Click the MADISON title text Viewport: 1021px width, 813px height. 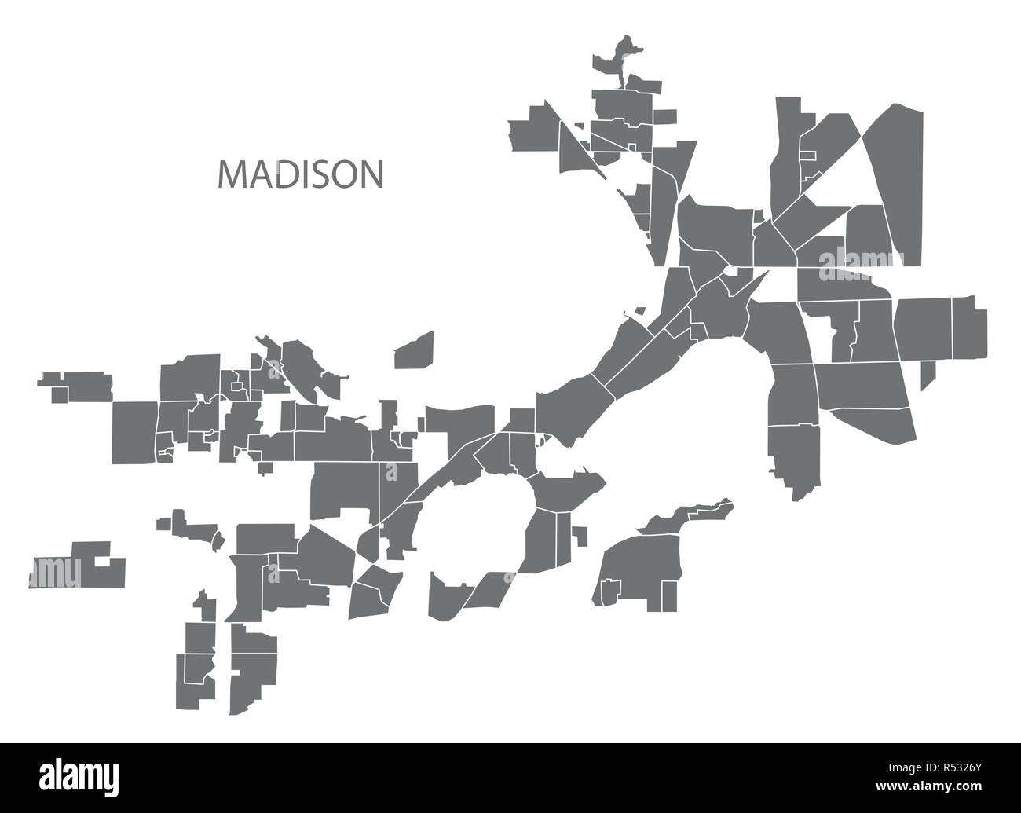(x=301, y=175)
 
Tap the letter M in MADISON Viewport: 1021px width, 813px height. (x=229, y=176)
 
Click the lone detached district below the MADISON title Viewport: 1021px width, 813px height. (x=414, y=350)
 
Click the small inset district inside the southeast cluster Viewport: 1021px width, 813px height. (x=609, y=590)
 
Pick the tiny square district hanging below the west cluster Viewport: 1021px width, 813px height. (x=265, y=468)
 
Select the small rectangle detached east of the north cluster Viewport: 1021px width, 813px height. (x=664, y=116)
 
